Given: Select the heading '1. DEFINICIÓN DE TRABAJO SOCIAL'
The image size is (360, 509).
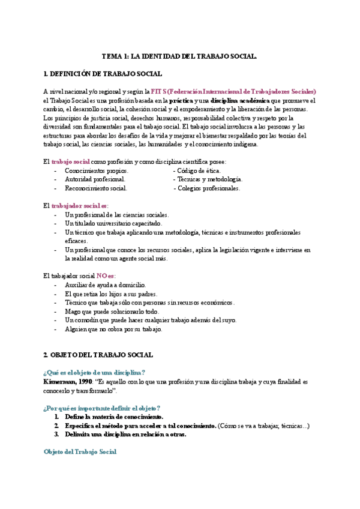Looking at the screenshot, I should pos(103,74).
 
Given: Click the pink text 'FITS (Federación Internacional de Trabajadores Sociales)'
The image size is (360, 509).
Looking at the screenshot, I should pos(233,91).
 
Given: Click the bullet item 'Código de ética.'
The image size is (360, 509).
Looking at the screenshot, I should pos(197,171).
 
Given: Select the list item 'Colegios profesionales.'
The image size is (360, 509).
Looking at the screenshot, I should pos(206,188).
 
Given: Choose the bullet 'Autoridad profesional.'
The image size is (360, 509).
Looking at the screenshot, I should pos(95,179).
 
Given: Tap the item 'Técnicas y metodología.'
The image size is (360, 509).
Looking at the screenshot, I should pos(208,179).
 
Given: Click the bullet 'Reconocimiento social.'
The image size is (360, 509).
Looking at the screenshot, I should pos(95,188).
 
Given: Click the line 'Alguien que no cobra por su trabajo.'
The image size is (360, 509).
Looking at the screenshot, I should pos(113,329).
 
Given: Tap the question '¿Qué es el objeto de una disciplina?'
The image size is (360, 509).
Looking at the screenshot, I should pos(94,372).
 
